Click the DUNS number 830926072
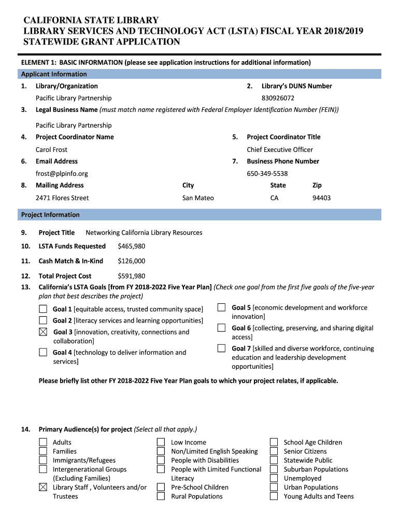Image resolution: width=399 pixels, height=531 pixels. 278,98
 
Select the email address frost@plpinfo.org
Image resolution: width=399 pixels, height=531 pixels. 62,174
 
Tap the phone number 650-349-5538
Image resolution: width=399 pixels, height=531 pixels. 267,174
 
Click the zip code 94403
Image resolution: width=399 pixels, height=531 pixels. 321,198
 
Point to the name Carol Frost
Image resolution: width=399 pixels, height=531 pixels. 51,149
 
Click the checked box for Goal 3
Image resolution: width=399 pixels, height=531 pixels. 44,332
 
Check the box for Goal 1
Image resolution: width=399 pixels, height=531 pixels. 44,309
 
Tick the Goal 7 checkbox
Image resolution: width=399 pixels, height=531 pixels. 222,348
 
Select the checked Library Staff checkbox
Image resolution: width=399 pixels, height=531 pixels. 44,487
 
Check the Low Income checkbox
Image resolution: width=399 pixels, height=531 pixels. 161,442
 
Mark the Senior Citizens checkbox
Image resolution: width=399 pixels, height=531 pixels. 274,451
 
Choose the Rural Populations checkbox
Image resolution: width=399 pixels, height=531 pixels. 161,496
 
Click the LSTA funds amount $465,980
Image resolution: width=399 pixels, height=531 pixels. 131,246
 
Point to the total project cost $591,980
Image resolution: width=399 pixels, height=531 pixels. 131,276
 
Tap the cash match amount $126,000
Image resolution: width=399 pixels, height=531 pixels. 131,261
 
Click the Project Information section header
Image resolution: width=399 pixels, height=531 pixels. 50,215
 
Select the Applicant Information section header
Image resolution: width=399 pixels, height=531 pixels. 54,74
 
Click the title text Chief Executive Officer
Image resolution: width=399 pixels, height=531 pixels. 280,149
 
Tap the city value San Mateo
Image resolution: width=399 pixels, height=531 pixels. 198,198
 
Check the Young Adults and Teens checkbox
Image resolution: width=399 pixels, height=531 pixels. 274,496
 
